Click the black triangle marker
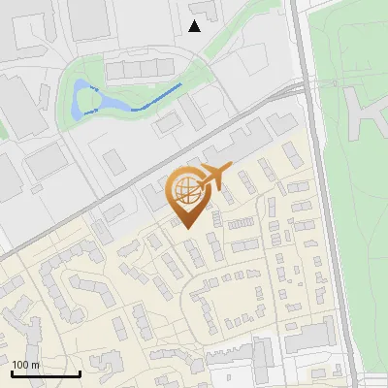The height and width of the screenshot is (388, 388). [194, 26]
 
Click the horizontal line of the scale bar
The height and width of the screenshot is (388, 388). [45, 373]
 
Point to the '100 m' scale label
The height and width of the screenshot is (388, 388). [25, 365]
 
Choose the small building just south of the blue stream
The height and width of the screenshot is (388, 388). [166, 123]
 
